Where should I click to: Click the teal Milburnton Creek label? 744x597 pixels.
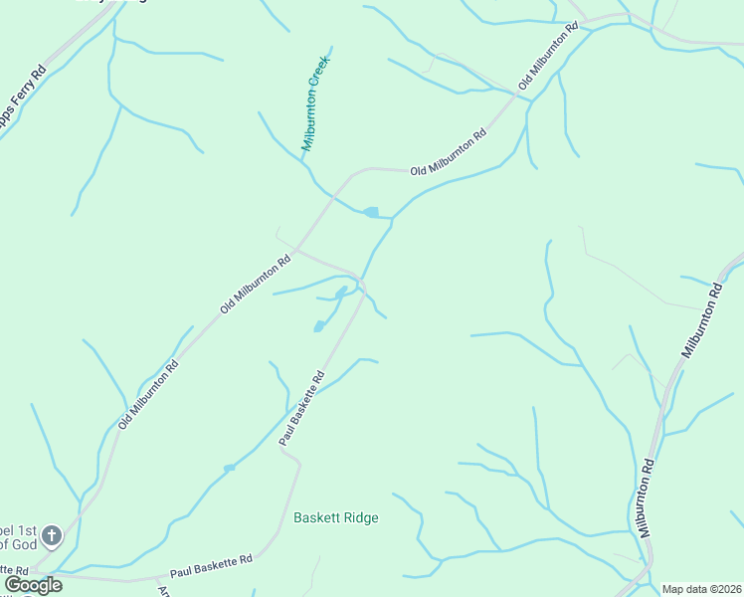[x=315, y=102]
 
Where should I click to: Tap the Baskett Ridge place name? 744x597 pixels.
[x=336, y=517]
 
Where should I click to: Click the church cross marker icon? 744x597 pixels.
[x=53, y=536]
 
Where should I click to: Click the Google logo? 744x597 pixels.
[x=33, y=585]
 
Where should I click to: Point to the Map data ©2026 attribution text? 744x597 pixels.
[x=701, y=589]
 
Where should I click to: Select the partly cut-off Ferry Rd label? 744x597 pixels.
[x=23, y=99]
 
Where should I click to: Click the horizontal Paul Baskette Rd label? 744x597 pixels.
[x=211, y=566]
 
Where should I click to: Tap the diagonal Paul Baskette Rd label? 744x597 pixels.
[x=302, y=408]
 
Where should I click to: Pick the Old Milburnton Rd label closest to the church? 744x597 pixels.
[x=148, y=394]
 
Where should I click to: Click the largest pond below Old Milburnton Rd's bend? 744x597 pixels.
[x=372, y=212]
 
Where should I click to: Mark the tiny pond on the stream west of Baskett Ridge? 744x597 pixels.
[x=229, y=468]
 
